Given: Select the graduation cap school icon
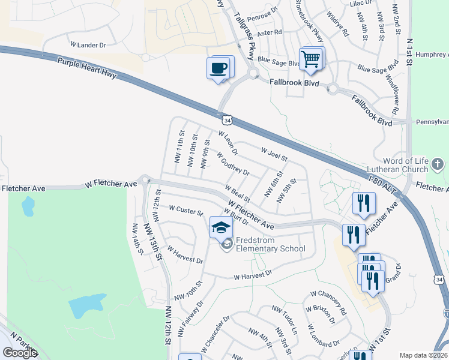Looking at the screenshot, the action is tap(220, 227).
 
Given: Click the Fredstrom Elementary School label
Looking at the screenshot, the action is tap(270, 244).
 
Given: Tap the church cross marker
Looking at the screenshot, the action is tap(438, 164).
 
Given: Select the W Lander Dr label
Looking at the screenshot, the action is tap(88, 45).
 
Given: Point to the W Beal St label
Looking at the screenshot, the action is tap(238, 194).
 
